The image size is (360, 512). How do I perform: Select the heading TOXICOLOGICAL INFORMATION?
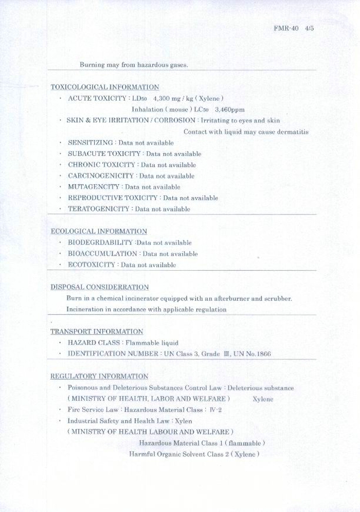(105, 87)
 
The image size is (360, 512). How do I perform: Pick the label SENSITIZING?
(91, 143)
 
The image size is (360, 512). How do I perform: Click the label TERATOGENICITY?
(98, 209)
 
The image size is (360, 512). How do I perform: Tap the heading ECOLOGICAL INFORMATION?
(99, 232)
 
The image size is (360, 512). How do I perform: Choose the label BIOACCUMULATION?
(103, 254)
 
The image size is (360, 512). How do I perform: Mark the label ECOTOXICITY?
(92, 265)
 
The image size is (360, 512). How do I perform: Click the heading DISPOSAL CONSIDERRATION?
(100, 287)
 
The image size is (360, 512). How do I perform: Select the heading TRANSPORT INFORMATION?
(97, 331)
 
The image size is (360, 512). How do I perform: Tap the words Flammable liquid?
(152, 343)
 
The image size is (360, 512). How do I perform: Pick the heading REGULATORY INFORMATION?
(99, 376)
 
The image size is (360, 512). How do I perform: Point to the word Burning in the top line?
(92, 65)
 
